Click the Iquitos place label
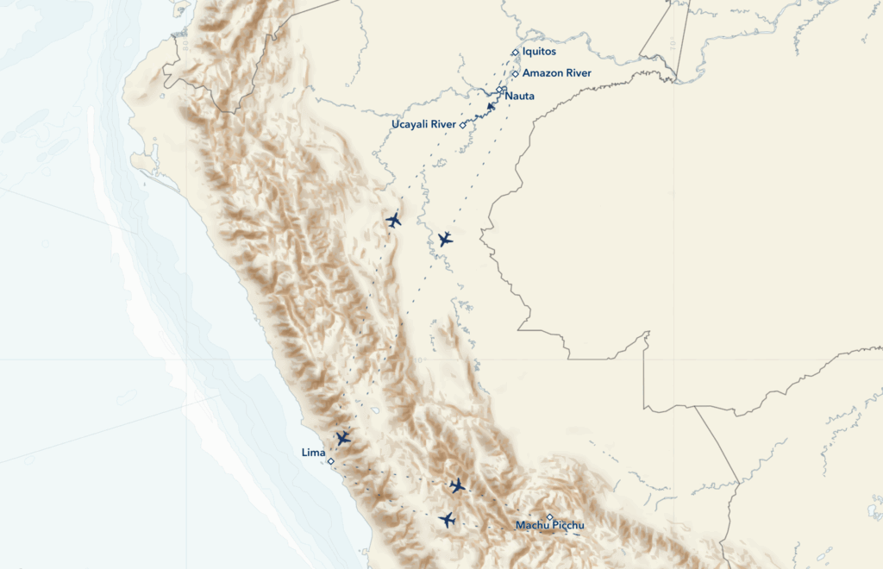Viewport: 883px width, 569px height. (x=539, y=52)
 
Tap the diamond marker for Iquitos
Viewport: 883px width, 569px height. (x=515, y=53)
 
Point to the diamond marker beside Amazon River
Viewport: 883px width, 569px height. (x=515, y=74)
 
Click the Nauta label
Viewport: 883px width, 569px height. (x=520, y=96)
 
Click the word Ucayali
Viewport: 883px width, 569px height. (x=410, y=125)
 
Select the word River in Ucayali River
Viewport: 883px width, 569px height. (x=443, y=125)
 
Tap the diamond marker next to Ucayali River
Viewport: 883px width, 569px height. (x=463, y=125)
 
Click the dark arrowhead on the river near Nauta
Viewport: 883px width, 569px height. (x=491, y=106)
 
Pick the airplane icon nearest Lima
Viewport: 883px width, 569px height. (x=343, y=438)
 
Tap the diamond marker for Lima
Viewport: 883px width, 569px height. (x=330, y=461)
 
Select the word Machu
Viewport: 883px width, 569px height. (x=532, y=525)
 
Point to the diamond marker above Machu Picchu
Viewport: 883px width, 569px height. (x=549, y=517)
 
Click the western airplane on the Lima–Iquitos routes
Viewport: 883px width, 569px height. (x=394, y=220)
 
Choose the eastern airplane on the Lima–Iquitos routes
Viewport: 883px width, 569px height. (x=445, y=239)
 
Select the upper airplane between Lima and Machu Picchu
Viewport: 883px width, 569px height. (x=457, y=485)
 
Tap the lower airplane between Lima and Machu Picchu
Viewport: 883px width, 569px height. (x=447, y=519)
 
